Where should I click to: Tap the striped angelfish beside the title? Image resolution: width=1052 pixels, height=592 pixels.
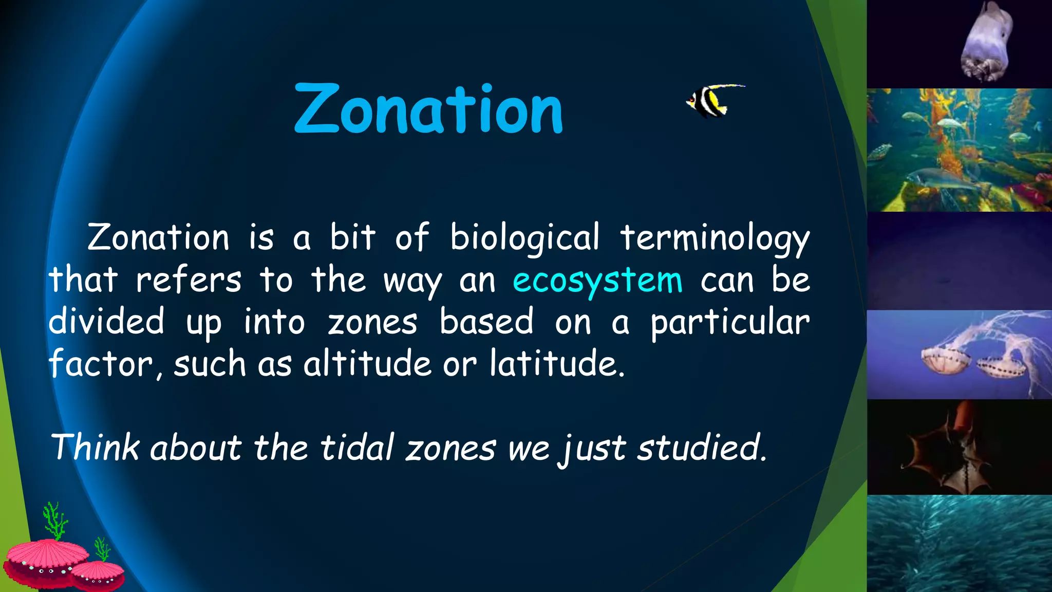pyautogui.click(x=709, y=101)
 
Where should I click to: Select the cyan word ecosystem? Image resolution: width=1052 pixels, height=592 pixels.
pyautogui.click(x=597, y=281)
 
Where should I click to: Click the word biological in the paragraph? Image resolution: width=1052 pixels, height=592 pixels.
pyautogui.click(x=524, y=238)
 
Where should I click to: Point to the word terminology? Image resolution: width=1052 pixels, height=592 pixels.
pyautogui.click(x=715, y=238)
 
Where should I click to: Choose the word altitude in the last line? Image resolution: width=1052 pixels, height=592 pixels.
pyautogui.click(x=367, y=364)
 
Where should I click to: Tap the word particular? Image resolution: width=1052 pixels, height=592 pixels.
pyautogui.click(x=729, y=323)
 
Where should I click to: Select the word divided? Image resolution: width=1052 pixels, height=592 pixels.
pyautogui.click(x=106, y=322)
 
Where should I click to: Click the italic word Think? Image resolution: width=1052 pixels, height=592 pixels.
pyautogui.click(x=95, y=447)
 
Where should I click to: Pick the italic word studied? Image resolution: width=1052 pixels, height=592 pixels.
pyautogui.click(x=701, y=447)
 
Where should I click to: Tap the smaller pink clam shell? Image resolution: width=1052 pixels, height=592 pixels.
pyautogui.click(x=98, y=575)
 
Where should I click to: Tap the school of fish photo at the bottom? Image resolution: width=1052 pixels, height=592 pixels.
pyautogui.click(x=959, y=544)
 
